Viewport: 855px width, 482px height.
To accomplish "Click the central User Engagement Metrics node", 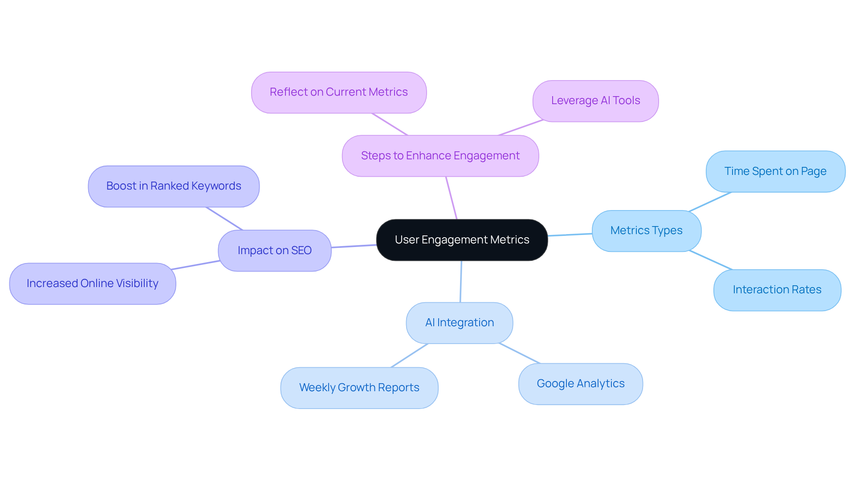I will (x=462, y=240).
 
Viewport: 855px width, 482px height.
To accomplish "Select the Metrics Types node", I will (x=646, y=231).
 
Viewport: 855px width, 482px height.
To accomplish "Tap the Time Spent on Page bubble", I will (x=775, y=171).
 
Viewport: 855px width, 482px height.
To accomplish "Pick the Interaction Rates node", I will (x=777, y=290).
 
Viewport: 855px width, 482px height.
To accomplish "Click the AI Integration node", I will (x=459, y=323).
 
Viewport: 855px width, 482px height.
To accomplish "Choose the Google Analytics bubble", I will (x=580, y=384).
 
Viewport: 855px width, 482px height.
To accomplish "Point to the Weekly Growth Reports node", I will (x=359, y=388).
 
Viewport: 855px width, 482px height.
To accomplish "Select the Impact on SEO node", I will (x=274, y=251).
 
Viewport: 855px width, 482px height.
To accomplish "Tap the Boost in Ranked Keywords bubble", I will (x=174, y=186).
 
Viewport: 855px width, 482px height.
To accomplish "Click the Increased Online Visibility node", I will (x=93, y=284).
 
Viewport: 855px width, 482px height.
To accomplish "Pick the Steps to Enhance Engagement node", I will (x=440, y=156).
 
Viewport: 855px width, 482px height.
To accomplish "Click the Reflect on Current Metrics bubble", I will (x=338, y=92).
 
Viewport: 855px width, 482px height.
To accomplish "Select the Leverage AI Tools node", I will (x=595, y=101).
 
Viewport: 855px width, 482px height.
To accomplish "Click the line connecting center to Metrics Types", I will (x=570, y=235).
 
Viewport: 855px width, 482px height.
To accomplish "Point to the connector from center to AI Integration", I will (x=461, y=282).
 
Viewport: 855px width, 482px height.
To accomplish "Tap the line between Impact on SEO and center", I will (x=354, y=246).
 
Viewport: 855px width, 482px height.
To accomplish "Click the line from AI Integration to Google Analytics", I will (x=520, y=353).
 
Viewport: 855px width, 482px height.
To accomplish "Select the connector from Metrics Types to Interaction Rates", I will (x=710, y=260).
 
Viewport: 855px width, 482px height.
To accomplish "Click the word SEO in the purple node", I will (x=301, y=251).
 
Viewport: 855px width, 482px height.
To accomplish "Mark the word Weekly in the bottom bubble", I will (x=317, y=388).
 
